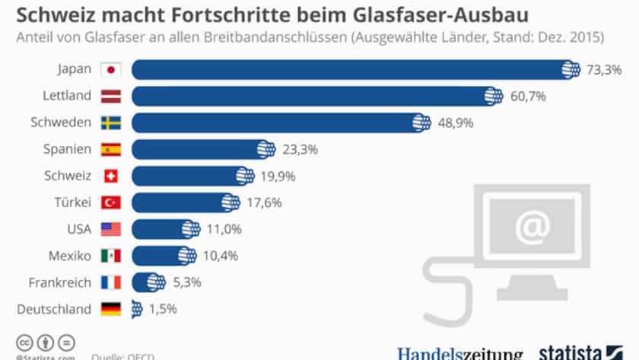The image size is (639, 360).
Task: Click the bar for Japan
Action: (x=350, y=69)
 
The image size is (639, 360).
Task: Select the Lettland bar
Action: (x=312, y=96)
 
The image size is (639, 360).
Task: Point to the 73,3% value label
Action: (x=604, y=69)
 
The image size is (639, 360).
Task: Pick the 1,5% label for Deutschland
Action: (x=162, y=309)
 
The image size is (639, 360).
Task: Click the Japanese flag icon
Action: (x=111, y=69)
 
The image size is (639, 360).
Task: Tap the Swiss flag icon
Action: (x=111, y=176)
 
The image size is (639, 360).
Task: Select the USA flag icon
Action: (x=111, y=229)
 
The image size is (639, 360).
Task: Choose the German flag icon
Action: (x=111, y=309)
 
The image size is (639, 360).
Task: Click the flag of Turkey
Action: (x=111, y=202)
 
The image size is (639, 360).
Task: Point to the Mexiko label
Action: (x=70, y=256)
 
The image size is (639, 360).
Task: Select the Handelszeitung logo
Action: (x=460, y=353)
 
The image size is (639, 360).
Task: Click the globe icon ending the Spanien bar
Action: (x=265, y=149)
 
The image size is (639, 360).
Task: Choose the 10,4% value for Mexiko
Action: (x=219, y=256)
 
